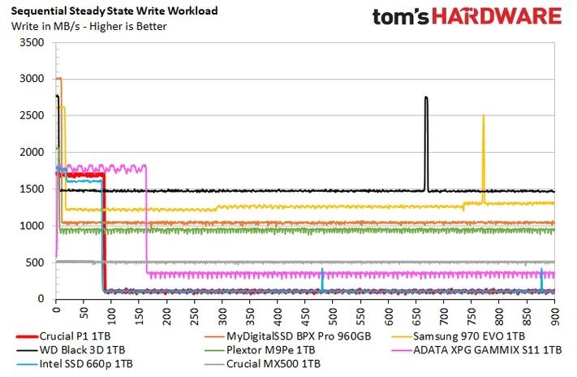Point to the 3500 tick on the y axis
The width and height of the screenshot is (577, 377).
32,42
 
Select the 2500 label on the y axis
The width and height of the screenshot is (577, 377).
32,115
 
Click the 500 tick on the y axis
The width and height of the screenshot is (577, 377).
36,262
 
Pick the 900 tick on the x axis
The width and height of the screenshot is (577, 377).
554,310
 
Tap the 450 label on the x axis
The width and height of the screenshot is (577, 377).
305,310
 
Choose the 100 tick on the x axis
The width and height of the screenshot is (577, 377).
111,310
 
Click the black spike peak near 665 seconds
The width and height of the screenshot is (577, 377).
426,97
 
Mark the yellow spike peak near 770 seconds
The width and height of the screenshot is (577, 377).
483,115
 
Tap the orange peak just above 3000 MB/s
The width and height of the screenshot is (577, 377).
58,78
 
